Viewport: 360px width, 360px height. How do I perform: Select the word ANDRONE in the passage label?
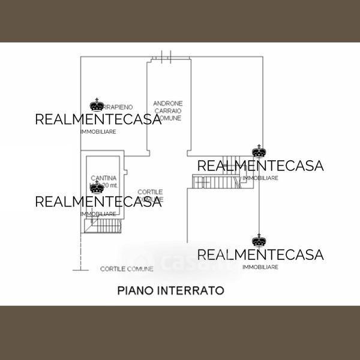(x=168, y=103)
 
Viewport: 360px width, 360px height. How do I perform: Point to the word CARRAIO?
(x=168, y=111)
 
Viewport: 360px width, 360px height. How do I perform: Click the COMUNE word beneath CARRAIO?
(x=170, y=119)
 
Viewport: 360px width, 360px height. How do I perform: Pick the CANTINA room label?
(x=104, y=178)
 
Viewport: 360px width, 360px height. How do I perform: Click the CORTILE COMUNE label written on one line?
(x=127, y=268)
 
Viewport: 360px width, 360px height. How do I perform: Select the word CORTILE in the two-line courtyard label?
(x=151, y=192)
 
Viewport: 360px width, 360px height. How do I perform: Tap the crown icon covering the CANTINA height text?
(x=97, y=188)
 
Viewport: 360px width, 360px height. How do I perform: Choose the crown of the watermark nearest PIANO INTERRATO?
(x=259, y=241)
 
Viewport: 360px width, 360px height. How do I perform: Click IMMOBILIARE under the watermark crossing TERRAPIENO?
(x=98, y=131)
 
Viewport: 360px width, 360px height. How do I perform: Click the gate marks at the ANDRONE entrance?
(x=167, y=58)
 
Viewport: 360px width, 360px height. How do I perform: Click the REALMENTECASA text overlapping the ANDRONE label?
(x=98, y=119)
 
